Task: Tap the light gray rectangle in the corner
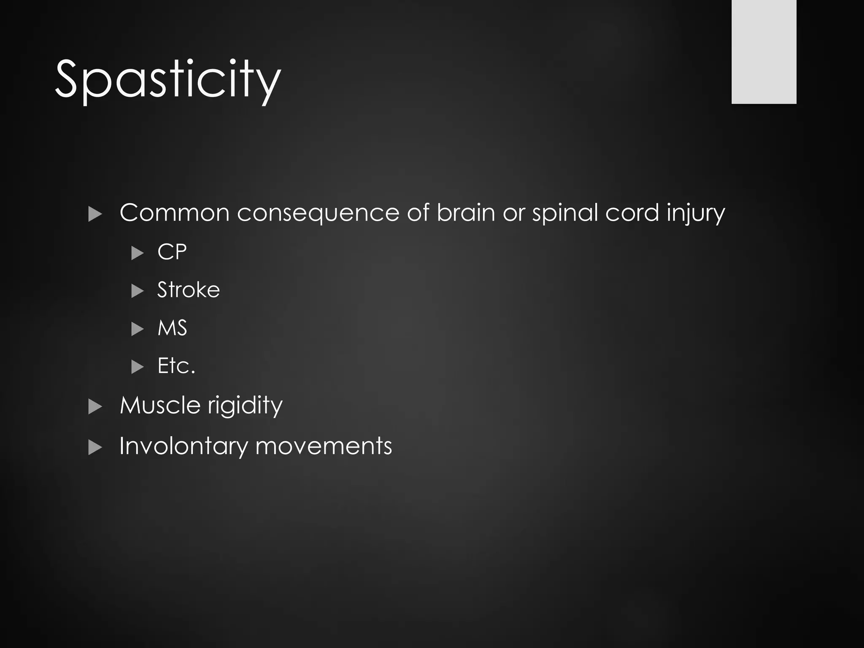pyautogui.click(x=764, y=51)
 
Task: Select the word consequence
pyautogui.click(x=317, y=213)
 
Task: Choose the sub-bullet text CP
pyautogui.click(x=172, y=252)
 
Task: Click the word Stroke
pyautogui.click(x=188, y=290)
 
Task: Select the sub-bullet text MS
pyautogui.click(x=172, y=328)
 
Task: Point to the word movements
pyautogui.click(x=324, y=446)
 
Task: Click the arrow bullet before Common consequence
pyautogui.click(x=95, y=215)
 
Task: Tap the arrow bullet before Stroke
pyautogui.click(x=138, y=291)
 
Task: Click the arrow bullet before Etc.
pyautogui.click(x=138, y=367)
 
